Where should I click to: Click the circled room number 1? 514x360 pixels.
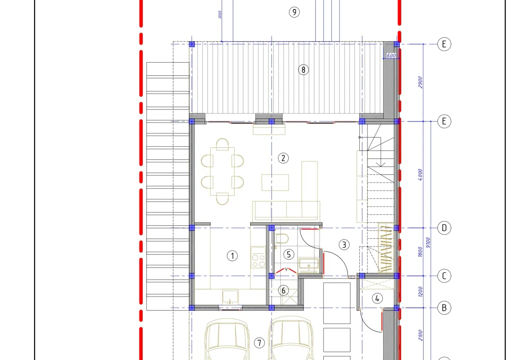[232, 256]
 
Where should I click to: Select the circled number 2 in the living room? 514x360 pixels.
[283, 158]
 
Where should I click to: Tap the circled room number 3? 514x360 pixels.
[344, 245]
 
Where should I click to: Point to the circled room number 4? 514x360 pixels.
[377, 298]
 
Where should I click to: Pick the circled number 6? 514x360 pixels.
[284, 290]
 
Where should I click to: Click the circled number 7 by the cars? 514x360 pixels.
[259, 343]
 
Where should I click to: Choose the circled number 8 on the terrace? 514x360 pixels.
[303, 69]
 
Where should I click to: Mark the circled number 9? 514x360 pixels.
[294, 12]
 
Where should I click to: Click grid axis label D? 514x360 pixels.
[444, 228]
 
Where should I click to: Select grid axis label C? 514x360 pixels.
[444, 276]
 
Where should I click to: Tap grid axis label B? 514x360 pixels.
[444, 308]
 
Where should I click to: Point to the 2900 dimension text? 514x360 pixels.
[420, 82]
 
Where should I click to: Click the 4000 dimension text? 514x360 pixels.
[420, 174]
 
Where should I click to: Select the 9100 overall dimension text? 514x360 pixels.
[428, 242]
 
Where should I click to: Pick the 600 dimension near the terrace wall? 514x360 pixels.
[391, 56]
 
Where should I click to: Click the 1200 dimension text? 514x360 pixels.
[420, 292]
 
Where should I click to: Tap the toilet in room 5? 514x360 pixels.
[282, 239]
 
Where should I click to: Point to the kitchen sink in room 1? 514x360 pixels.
[230, 296]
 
